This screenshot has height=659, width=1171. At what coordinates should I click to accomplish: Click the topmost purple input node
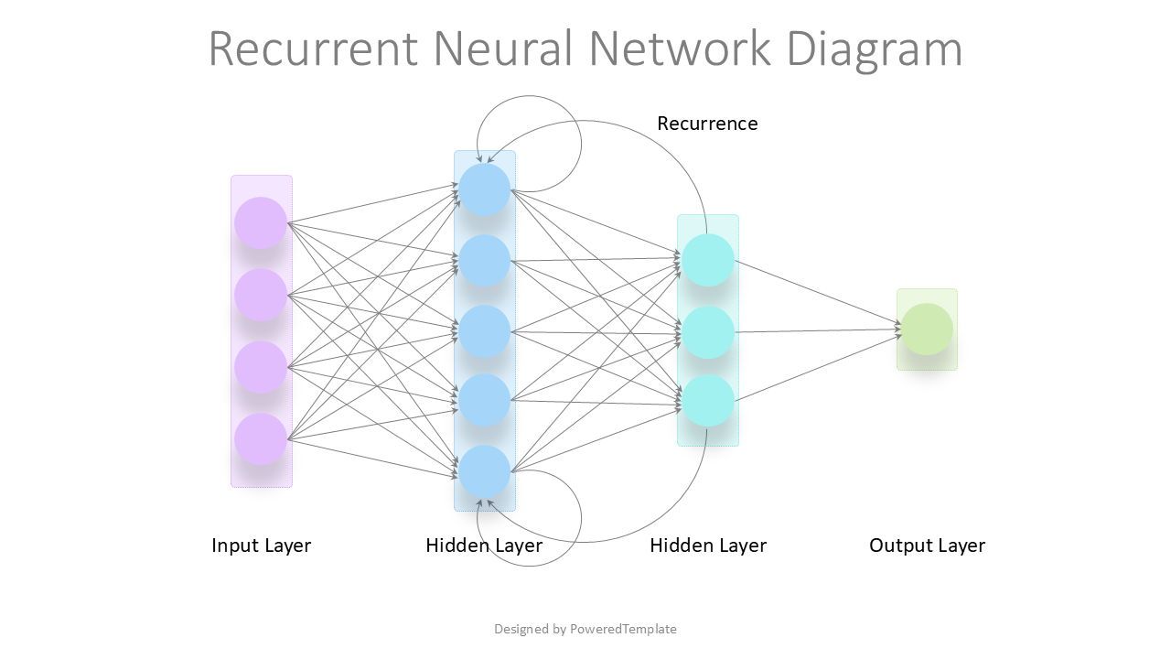point(261,222)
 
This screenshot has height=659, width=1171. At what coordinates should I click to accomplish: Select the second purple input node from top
point(261,295)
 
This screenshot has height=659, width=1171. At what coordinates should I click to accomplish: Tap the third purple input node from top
point(261,367)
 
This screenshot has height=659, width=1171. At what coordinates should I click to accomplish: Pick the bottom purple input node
point(261,439)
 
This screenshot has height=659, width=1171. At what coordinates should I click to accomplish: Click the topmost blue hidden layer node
point(484,189)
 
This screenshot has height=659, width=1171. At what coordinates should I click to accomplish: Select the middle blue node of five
point(484,331)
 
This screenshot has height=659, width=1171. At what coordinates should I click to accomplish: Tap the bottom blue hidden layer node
point(484,471)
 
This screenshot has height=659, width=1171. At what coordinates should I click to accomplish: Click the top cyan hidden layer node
point(708,260)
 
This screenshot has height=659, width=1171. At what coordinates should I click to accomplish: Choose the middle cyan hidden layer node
point(708,331)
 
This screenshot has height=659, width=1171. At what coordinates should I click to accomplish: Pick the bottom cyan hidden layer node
point(708,401)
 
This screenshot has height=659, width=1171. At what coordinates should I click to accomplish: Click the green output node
point(927,329)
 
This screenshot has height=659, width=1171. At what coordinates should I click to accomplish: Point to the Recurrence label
point(707,124)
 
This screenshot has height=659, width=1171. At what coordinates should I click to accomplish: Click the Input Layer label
point(261,546)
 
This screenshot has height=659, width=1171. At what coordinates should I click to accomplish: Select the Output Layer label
point(927,546)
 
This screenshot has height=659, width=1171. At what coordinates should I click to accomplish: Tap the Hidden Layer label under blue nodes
point(484,546)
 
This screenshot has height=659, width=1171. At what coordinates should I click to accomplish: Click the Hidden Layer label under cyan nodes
point(708,546)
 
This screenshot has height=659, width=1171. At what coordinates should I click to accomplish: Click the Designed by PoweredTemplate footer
point(585,629)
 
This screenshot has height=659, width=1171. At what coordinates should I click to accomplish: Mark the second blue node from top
point(484,261)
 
